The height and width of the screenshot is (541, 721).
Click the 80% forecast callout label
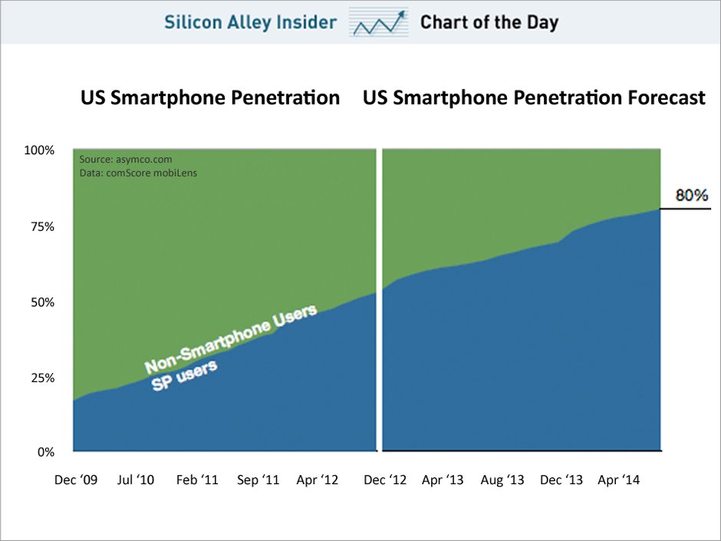coord(691,196)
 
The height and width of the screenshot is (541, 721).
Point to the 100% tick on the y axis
coord(39,150)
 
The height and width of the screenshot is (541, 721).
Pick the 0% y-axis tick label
coord(45,452)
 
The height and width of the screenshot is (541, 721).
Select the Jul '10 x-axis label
coord(135,480)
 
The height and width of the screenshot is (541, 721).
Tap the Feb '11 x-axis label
coord(197,480)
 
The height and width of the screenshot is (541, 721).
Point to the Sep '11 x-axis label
coord(258,480)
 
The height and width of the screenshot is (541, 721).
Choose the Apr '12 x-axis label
coord(317,480)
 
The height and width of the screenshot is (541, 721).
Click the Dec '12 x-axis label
coord(386,480)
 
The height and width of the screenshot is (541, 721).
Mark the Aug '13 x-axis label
coord(502,480)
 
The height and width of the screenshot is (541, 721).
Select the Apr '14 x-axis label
coord(619,480)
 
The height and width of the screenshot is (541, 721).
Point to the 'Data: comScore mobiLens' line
coord(137,173)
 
